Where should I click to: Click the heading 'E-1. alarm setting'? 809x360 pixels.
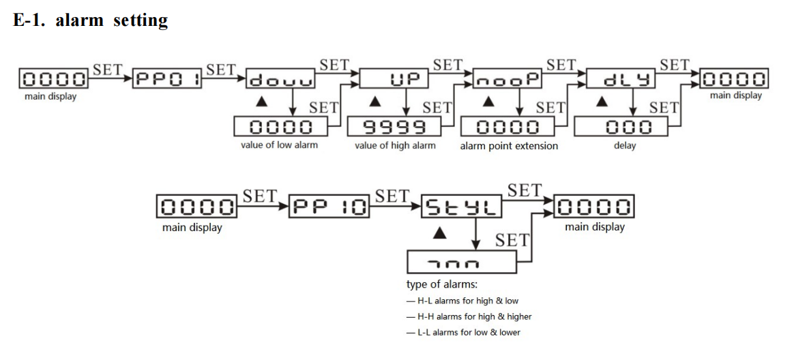tap(90, 20)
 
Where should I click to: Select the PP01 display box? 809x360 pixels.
tap(165, 78)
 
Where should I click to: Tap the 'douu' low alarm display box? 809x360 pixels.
tap(280, 80)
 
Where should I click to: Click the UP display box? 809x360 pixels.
tap(394, 79)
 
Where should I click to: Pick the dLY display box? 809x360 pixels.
tap(621, 79)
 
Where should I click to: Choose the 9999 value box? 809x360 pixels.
tap(394, 127)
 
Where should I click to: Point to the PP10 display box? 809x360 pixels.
tap(329, 206)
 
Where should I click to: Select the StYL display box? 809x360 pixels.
tap(462, 206)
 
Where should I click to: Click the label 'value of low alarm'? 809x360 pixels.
tap(279, 145)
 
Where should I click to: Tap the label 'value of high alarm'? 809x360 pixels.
tap(395, 145)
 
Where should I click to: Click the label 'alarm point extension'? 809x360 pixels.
tap(508, 145)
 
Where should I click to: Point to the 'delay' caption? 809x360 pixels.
tap(624, 145)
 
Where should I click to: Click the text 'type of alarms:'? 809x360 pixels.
tap(441, 285)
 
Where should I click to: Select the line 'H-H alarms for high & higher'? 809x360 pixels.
tap(469, 316)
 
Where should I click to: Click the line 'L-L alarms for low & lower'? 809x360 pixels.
tap(463, 332)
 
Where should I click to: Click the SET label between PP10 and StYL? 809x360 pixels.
tap(392, 196)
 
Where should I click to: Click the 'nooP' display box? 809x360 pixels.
tap(507, 79)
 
